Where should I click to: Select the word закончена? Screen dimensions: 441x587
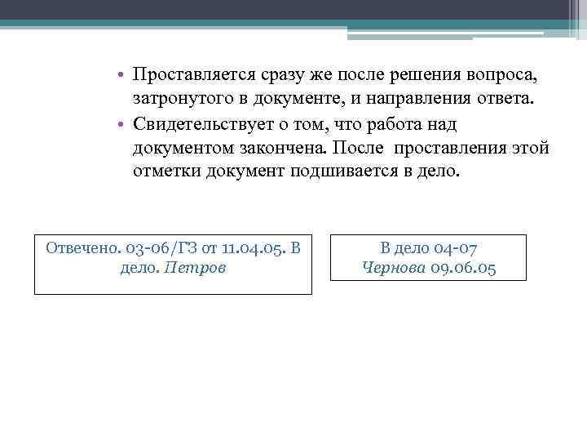pos(307,149)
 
